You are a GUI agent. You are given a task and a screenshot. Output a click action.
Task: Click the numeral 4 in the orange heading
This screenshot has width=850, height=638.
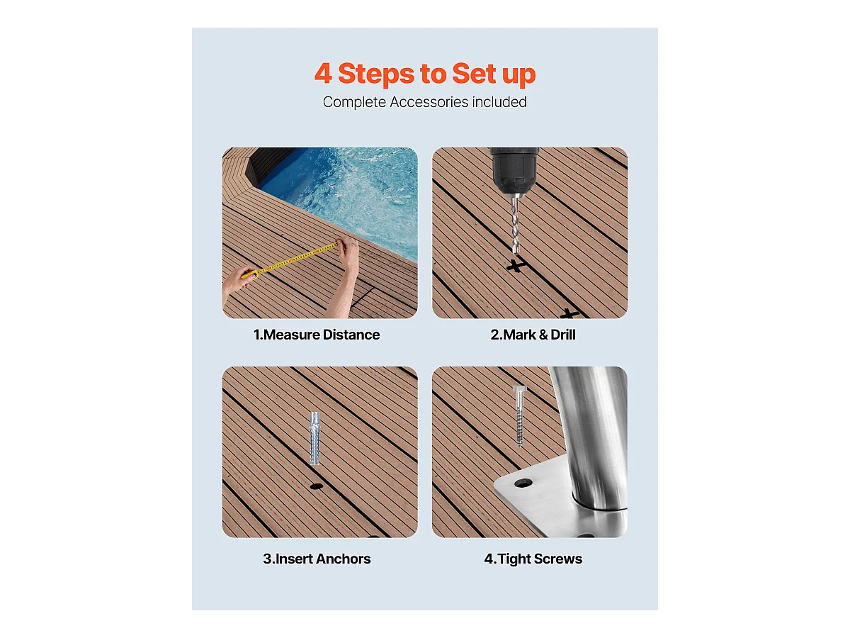323,73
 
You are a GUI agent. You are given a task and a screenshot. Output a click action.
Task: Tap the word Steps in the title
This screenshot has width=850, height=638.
376,74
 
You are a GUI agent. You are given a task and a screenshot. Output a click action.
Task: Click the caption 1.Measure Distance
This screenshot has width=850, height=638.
317,335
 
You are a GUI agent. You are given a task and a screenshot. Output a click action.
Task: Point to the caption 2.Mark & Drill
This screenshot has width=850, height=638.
533,335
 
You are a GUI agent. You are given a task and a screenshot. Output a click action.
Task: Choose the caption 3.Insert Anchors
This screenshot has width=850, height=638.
317,559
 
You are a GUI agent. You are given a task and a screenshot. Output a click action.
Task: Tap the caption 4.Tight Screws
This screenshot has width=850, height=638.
533,559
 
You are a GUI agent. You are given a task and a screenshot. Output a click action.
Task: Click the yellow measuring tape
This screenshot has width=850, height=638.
290,260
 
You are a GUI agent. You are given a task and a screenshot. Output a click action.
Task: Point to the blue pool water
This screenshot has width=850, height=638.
348,194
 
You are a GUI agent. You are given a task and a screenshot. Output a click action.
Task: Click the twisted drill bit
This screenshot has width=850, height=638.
515,225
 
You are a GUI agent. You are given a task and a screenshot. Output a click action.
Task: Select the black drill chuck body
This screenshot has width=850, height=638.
514,169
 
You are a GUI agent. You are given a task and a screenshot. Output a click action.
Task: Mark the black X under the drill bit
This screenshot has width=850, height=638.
516,265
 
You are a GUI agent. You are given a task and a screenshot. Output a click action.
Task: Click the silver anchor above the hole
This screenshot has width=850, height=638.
314,438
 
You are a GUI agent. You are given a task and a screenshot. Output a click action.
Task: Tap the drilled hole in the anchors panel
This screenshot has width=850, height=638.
317,486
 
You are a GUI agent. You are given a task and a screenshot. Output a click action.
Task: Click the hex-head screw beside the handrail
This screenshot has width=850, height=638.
519,416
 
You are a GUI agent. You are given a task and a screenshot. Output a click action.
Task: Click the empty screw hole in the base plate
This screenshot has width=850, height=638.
523,483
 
